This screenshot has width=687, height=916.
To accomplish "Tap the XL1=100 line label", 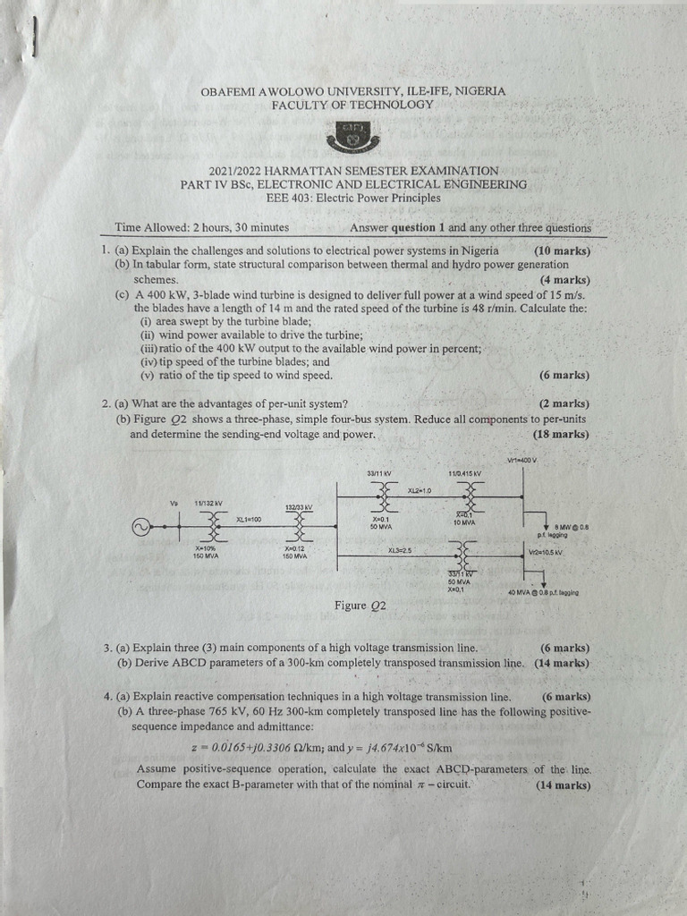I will [249, 520].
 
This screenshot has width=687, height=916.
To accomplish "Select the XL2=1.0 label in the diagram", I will [420, 490].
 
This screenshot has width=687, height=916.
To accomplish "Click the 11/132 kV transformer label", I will [208, 504].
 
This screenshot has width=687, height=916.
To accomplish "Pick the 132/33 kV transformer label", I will [298, 507].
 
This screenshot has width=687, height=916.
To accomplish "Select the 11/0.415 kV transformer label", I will [464, 472].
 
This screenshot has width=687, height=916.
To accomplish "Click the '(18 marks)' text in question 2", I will [560, 435].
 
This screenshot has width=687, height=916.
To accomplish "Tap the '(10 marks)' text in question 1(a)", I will [562, 250].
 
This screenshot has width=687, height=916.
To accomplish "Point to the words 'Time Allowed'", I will [148, 227].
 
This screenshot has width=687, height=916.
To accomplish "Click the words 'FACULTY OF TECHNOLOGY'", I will [352, 104].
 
